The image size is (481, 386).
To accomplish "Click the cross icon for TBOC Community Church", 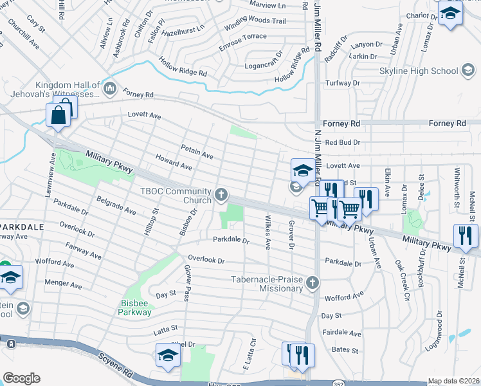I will pos(222,194).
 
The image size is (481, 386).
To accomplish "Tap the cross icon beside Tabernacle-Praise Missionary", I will pos(312,283).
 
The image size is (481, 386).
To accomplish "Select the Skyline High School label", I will pos(427,71).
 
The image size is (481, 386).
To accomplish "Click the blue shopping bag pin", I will pos(58,116).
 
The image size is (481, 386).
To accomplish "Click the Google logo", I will pos(21,378).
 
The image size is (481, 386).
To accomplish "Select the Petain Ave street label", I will pos(197,151).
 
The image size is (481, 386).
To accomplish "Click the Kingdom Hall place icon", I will pos(109,87).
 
